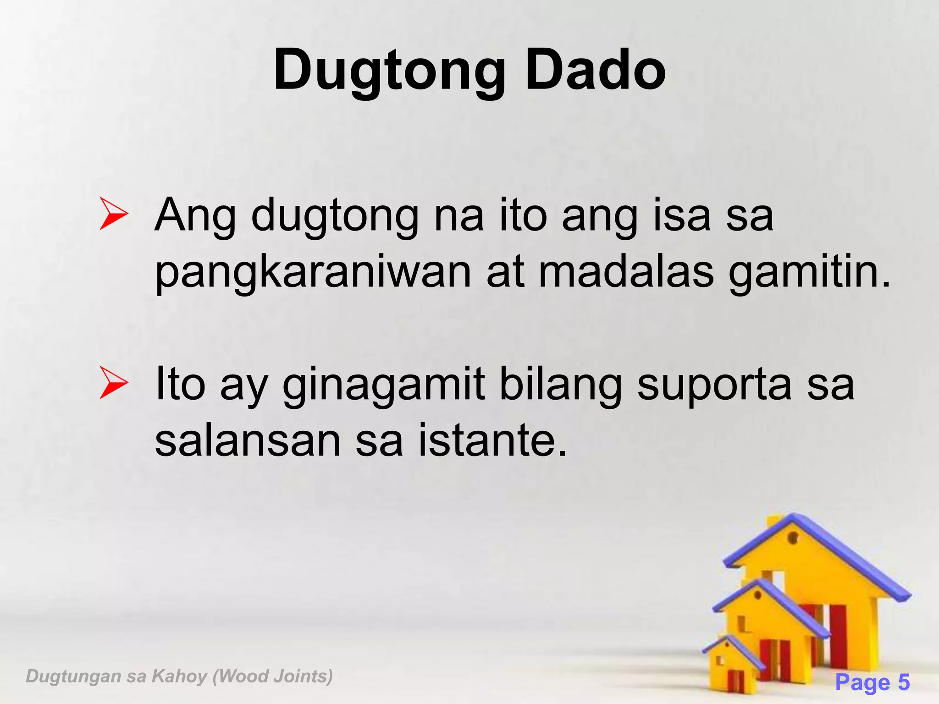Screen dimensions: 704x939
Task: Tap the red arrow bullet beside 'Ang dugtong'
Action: [113, 214]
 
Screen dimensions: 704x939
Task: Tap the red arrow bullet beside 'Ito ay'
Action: [113, 383]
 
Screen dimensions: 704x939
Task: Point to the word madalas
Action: [626, 271]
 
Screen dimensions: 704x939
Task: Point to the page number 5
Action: [904, 682]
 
